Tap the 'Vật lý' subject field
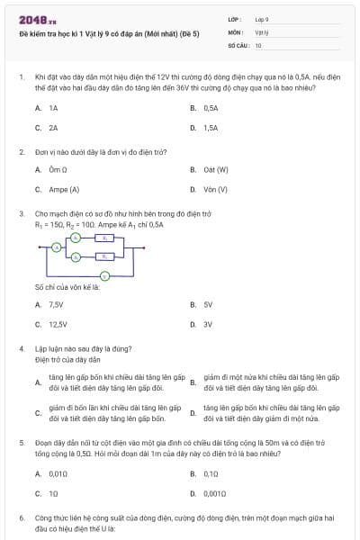tap(262, 31)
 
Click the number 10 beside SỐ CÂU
tap(258, 44)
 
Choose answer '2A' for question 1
tap(53, 128)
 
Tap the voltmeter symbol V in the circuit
tap(103, 276)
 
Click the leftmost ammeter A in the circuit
tap(56, 247)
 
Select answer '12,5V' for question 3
tap(58, 324)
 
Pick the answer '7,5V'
tap(56, 304)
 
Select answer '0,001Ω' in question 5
tap(215, 493)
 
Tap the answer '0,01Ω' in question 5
tap(58, 473)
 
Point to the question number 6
tap(22, 519)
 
